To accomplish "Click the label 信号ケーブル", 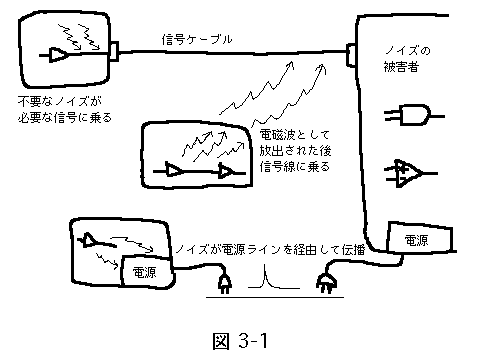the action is click(197, 40).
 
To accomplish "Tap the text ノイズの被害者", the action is click(407, 59).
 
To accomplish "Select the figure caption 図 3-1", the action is click(240, 341).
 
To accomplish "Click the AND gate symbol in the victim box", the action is click(414, 115).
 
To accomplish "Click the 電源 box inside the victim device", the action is click(420, 238).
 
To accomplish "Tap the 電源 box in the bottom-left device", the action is click(146, 271).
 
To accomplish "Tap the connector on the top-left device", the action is click(114, 52).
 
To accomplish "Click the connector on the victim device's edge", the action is click(351, 55).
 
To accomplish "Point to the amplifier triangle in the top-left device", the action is click(58, 55).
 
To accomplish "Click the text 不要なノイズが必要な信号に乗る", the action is click(65, 109).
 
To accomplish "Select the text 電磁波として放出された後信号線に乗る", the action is click(295, 151).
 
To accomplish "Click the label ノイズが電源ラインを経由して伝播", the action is click(270, 249).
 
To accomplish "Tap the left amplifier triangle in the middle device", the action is click(173, 170).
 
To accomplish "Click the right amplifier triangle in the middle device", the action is click(227, 171).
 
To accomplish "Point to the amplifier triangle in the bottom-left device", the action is click(88, 240).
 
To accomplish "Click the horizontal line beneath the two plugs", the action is click(275, 296).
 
